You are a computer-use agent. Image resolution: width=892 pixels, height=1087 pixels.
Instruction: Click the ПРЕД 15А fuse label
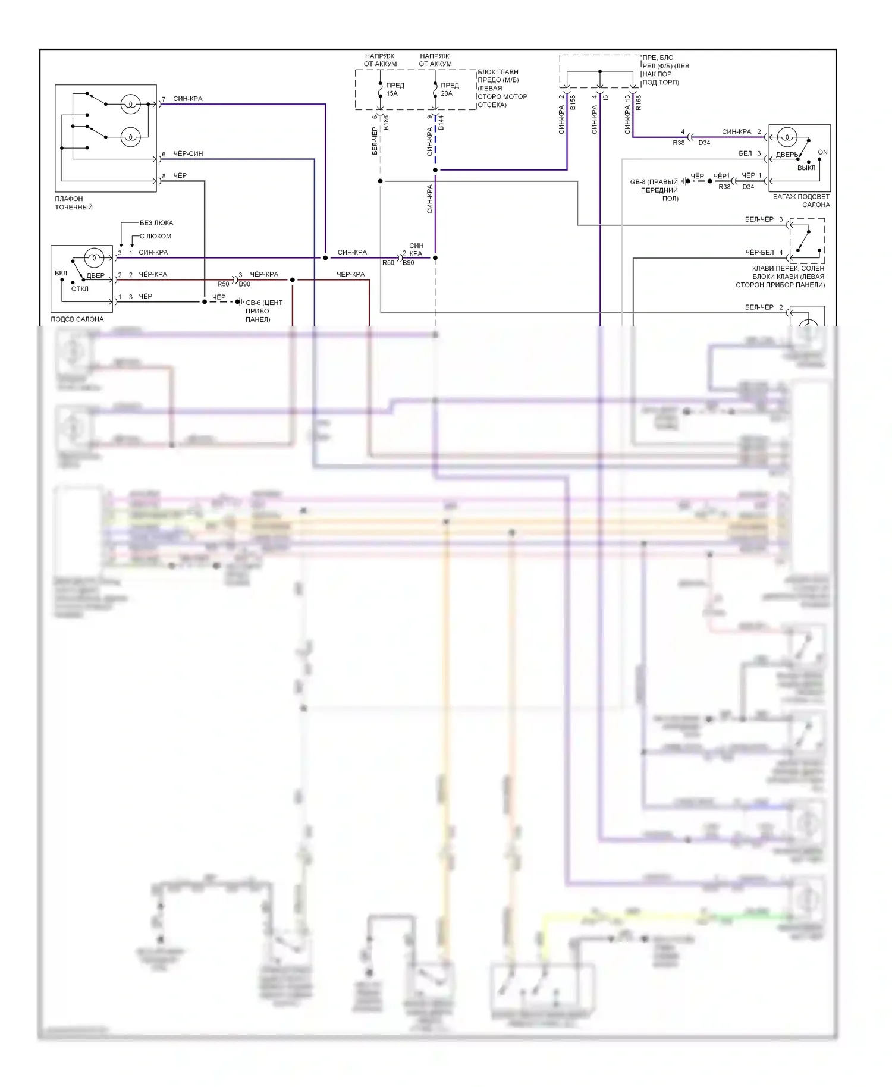394,89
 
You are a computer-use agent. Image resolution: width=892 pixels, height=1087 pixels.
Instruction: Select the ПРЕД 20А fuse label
449,89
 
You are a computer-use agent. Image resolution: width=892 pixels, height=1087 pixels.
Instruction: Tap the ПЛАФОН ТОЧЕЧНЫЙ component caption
74,203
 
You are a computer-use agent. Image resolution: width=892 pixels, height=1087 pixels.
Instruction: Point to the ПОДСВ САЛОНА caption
77,319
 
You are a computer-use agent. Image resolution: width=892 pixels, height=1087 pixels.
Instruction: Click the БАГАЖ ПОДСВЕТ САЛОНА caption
801,200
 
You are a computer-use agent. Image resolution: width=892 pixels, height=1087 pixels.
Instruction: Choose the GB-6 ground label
263,310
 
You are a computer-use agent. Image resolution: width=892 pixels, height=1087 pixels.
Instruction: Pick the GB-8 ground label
654,190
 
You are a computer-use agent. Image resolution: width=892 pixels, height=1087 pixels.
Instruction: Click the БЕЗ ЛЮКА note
156,223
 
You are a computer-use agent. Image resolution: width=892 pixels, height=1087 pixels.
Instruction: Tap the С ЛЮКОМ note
156,236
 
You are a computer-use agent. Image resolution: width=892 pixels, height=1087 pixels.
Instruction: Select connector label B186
386,123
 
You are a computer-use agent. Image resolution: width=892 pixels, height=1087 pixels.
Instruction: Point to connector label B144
441,123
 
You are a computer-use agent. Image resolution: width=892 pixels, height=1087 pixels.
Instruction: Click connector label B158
573,102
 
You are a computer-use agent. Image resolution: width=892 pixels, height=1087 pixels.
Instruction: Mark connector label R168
638,102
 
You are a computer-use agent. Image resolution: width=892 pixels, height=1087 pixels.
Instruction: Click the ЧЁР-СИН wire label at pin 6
188,153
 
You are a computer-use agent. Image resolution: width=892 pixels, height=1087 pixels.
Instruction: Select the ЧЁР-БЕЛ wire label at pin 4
759,252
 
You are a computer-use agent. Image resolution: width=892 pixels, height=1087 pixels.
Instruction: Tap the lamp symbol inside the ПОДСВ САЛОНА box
93,257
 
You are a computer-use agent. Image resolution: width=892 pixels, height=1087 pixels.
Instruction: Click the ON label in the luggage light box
822,152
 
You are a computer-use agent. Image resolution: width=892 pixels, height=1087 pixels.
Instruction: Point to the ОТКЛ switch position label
80,289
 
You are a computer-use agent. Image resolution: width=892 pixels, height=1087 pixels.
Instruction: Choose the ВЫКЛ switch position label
806,168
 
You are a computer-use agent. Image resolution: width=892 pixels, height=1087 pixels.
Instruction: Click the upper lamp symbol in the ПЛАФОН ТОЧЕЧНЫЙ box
130,104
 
